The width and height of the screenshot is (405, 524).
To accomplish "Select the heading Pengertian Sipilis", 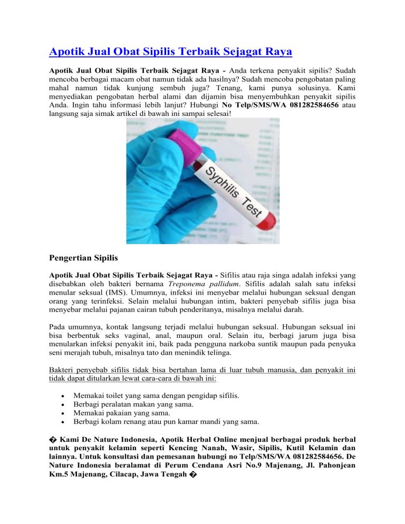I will tap(91, 258).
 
